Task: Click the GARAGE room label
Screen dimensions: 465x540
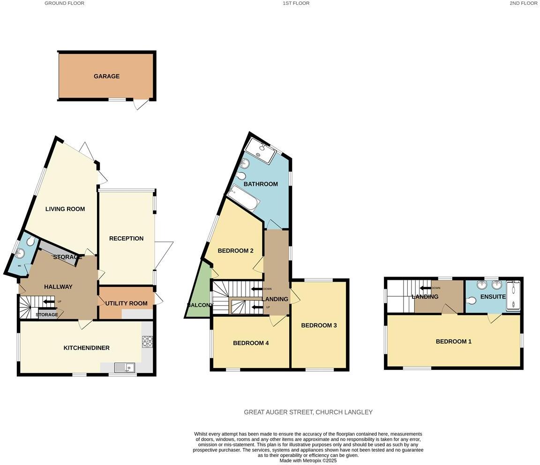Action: tap(106, 76)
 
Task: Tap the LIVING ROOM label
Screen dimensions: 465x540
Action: tap(65, 209)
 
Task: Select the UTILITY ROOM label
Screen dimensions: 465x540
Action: tap(126, 303)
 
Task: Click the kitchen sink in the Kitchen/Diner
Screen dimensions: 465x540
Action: tap(124, 367)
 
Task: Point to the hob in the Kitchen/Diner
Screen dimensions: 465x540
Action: tap(147, 342)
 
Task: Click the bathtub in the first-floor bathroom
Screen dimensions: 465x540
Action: tap(243, 198)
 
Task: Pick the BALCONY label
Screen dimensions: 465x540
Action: tap(200, 305)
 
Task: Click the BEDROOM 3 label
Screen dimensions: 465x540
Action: tap(319, 325)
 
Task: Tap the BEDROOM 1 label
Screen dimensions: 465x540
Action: tap(453, 342)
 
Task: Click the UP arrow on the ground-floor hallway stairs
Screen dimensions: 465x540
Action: tap(49, 301)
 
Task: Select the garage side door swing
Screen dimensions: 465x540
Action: tap(141, 104)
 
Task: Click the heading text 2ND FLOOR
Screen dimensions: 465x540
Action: tap(523, 3)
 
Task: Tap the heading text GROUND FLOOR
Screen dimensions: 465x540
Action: tap(64, 3)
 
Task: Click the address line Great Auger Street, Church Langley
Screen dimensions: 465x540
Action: tap(308, 412)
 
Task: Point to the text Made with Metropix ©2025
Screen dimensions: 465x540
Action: tap(308, 461)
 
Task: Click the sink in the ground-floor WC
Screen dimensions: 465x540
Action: tap(19, 254)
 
